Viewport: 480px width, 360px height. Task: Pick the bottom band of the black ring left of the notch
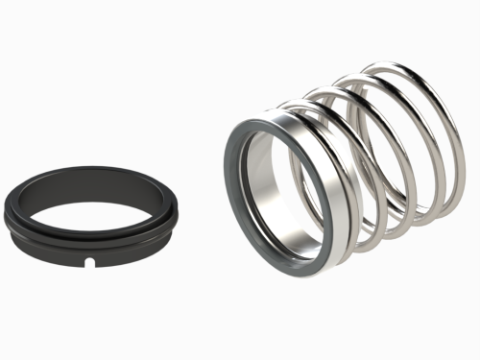point(53,253)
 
